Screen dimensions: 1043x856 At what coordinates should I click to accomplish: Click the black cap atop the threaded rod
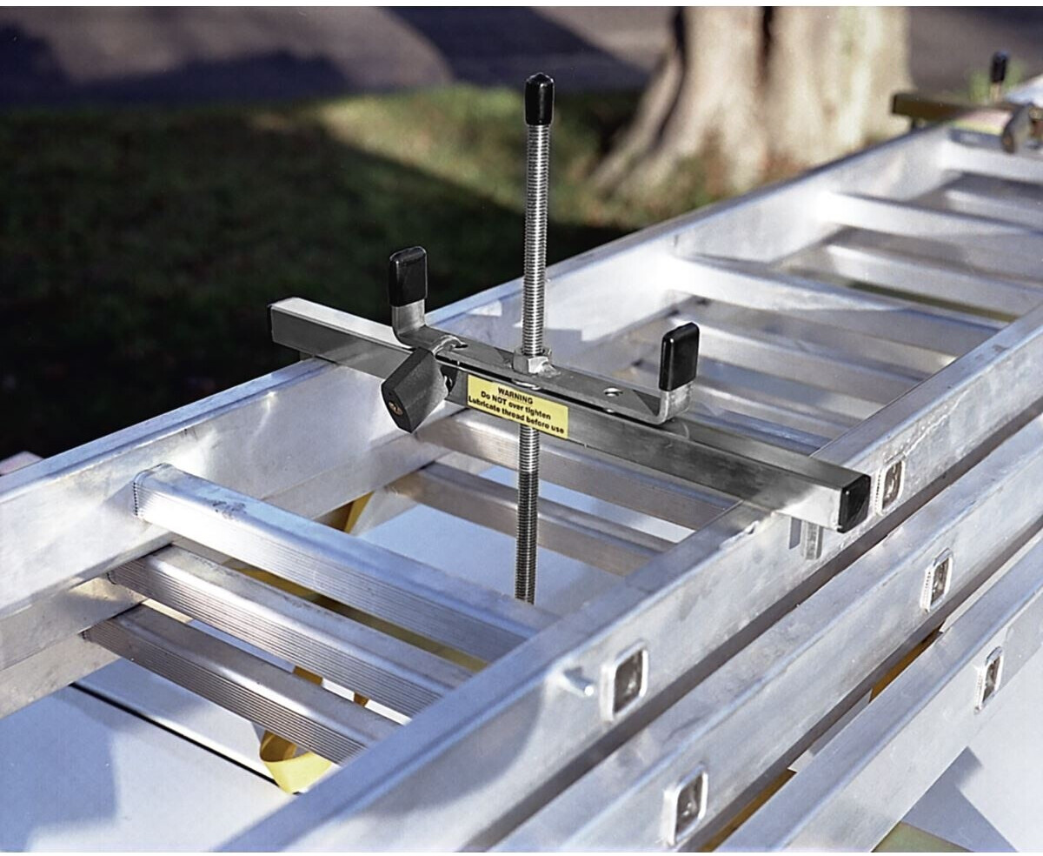click(x=539, y=99)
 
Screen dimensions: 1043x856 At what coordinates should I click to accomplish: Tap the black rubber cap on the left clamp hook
click(x=408, y=277)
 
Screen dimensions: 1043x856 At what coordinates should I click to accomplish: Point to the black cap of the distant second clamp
click(x=1000, y=67)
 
